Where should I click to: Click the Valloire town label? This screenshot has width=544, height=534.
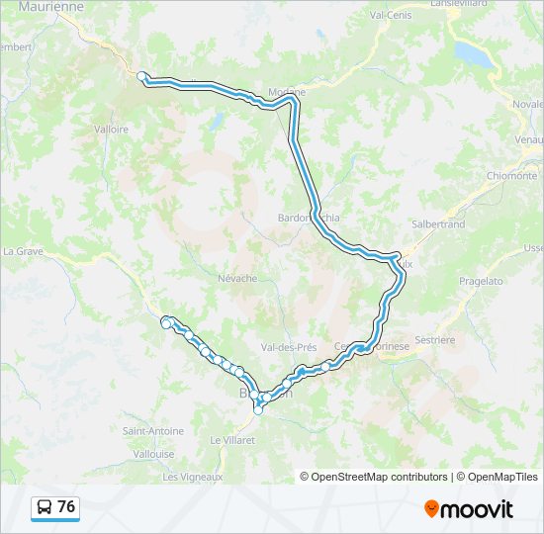pyautogui.click(x=111, y=129)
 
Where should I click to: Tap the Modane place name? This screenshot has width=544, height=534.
pyautogui.click(x=287, y=92)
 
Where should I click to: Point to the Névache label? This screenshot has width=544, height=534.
pyautogui.click(x=237, y=279)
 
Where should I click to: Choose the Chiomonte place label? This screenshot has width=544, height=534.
pyautogui.click(x=511, y=176)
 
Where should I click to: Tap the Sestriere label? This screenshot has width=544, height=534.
pyautogui.click(x=435, y=340)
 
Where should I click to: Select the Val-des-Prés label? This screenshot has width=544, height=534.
pyautogui.click(x=288, y=348)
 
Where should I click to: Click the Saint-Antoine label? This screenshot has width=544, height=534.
pyautogui.click(x=152, y=431)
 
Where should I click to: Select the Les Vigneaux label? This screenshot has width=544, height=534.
pyautogui.click(x=191, y=477)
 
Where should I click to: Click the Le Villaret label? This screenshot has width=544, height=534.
pyautogui.click(x=232, y=439)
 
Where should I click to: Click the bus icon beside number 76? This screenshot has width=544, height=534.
pyautogui.click(x=45, y=507)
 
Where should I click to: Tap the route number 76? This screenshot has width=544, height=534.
pyautogui.click(x=66, y=507)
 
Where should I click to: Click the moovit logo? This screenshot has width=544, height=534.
pyautogui.click(x=469, y=509)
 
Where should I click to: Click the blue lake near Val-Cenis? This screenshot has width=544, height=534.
pyautogui.click(x=473, y=54)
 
